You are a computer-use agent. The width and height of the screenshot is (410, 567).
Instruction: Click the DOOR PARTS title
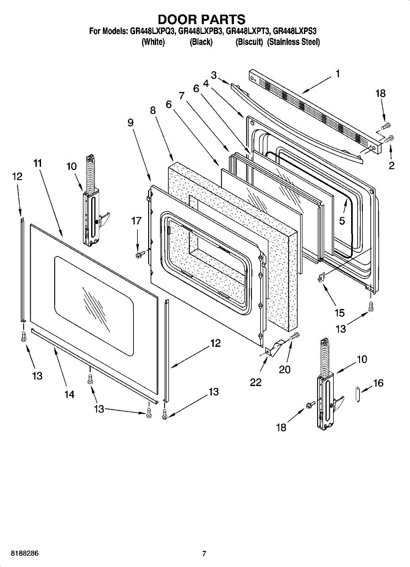201,19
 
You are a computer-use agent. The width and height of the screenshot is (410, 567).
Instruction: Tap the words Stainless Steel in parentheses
293,42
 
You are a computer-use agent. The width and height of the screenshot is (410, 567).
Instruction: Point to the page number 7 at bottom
204,553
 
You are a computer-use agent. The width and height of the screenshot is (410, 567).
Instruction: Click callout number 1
338,74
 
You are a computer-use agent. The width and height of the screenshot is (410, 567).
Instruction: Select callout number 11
38,163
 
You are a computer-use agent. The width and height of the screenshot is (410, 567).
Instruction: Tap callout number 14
69,395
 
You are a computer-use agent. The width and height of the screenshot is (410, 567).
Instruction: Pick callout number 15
340,313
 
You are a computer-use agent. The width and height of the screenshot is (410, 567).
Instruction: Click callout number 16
378,384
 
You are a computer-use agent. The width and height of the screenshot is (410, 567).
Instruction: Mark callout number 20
284,369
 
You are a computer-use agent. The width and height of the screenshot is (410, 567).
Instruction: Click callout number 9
130,122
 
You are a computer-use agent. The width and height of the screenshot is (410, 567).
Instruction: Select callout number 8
153,111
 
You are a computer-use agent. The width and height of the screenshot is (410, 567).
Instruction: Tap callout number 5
342,220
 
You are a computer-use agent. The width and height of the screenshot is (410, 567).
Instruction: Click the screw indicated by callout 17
140,255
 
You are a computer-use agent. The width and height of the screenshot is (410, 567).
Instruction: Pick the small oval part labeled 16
358,394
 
